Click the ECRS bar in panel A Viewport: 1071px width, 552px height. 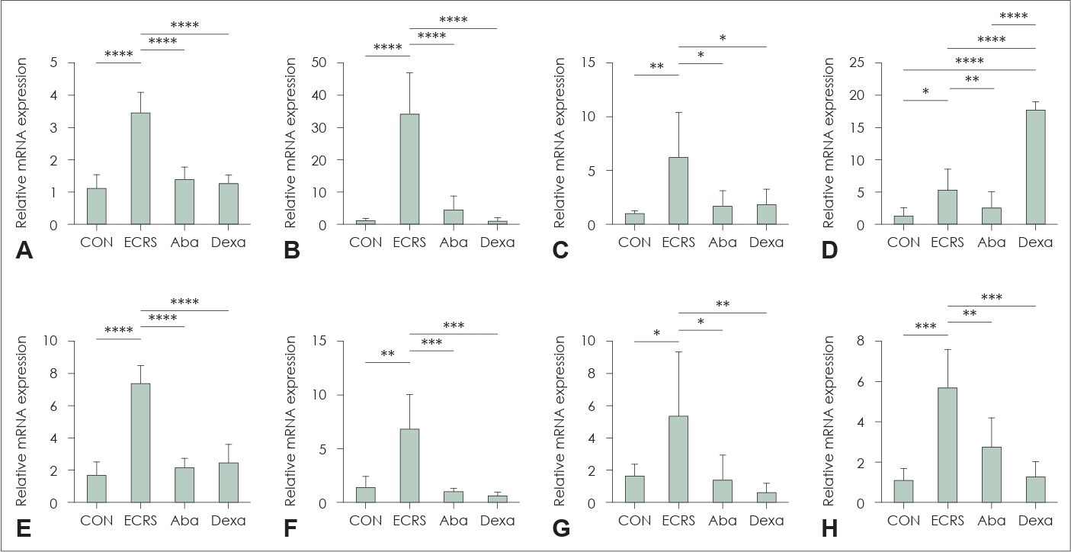coord(140,168)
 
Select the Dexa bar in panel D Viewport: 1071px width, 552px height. coord(1036,167)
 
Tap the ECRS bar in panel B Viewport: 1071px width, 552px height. coord(410,168)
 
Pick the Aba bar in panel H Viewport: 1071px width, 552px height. coord(992,474)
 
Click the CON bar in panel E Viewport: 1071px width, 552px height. coord(97,489)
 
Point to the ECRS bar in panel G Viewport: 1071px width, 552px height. coord(678,459)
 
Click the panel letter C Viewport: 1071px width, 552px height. coord(560,251)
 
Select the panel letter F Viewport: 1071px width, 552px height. coord(290,529)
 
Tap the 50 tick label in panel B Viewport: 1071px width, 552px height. coord(319,63)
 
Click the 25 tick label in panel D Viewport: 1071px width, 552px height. coord(856,63)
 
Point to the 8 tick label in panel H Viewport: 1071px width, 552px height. coord(861,341)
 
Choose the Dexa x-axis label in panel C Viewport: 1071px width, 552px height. coord(766,242)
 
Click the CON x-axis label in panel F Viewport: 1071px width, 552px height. coord(366,521)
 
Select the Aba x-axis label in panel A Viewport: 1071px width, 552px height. coord(184,242)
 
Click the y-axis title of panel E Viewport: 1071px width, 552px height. coord(21,421)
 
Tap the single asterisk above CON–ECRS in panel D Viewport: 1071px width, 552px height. coord(925,91)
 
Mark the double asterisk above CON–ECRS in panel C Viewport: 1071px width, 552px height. coord(656,66)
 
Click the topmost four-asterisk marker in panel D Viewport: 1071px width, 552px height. coord(1014,16)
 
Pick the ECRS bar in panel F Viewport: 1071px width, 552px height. coord(410,465)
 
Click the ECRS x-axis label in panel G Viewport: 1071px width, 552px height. coord(678,521)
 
